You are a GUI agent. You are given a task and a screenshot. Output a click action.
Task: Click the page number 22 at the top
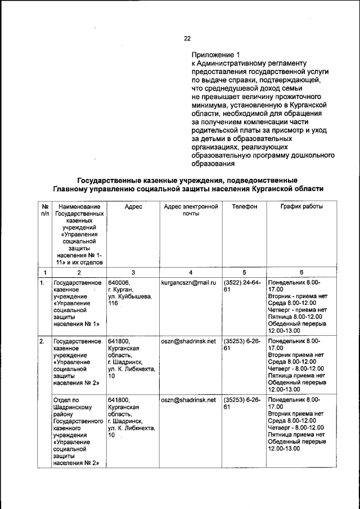tap(187, 38)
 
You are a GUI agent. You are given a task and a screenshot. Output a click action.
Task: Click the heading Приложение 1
tap(216, 55)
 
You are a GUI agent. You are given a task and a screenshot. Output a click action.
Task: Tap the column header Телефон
tap(245, 207)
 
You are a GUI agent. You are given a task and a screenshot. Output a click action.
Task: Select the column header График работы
tap(301, 207)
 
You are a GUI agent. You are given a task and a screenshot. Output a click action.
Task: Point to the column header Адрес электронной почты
tap(190, 211)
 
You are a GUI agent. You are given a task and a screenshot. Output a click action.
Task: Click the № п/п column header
tap(43, 211)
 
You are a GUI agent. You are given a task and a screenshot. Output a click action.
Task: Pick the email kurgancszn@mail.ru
tap(188, 282)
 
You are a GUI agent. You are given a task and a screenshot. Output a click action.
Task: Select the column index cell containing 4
tap(190, 273)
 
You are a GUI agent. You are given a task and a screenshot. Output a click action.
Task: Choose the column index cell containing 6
tap(301, 273)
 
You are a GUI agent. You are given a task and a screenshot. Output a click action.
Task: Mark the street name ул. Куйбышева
tap(129, 296)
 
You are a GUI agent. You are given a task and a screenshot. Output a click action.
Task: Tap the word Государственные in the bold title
tap(114, 180)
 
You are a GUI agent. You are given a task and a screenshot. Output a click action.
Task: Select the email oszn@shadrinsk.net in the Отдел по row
tap(188, 400)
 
